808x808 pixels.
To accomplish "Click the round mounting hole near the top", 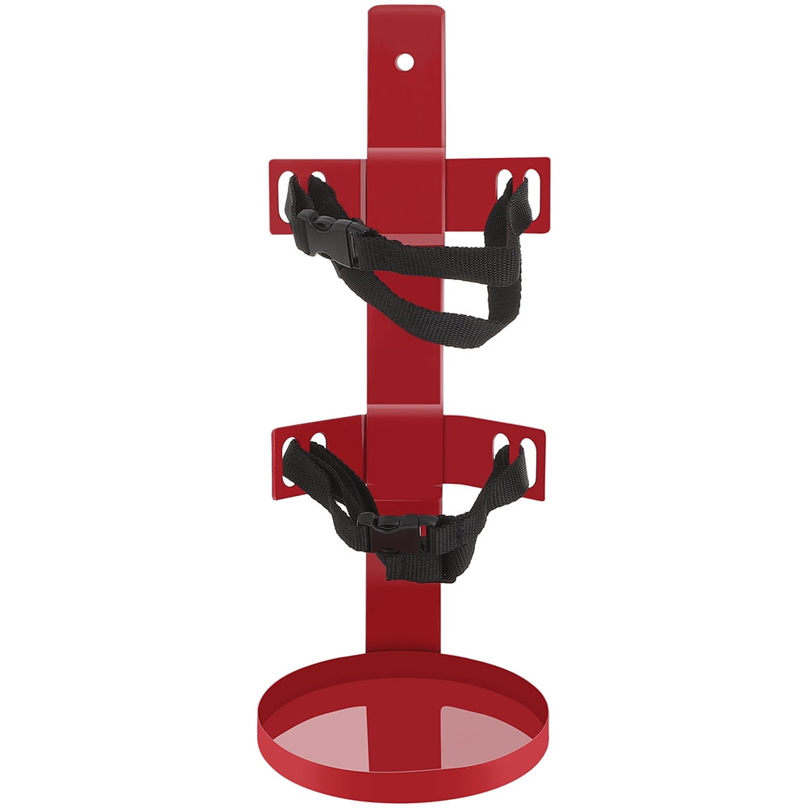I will point(406,60).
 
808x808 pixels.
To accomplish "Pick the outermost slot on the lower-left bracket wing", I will point(287,460).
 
